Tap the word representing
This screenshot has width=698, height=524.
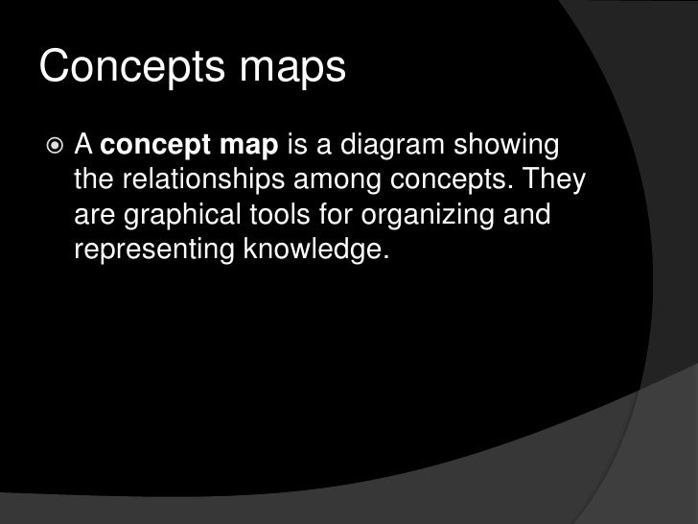tap(145, 252)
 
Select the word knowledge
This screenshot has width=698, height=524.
tap(307, 251)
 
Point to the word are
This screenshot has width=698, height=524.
tap(93, 219)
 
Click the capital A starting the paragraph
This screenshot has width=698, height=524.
tap(84, 149)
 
